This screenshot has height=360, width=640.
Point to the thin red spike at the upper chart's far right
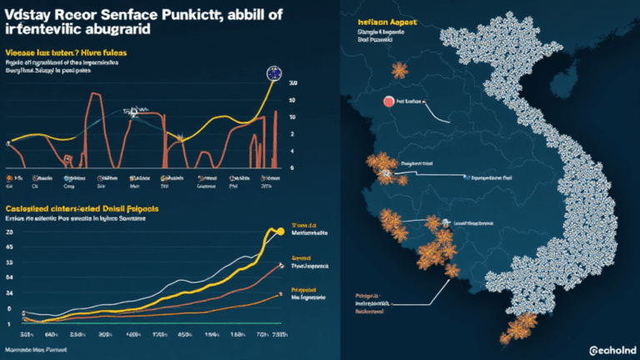pos(276,137)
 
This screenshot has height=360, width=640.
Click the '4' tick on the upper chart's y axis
pos(292,151)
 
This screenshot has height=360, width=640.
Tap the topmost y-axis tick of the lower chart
pos(9,232)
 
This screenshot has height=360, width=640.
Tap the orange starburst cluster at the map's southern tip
pos(517,327)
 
